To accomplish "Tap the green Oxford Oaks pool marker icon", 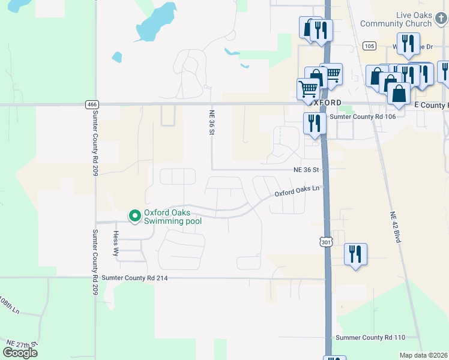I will [134, 215].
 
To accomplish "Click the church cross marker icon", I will [441, 19].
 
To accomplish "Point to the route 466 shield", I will [92, 104].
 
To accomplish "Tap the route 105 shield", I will [369, 46].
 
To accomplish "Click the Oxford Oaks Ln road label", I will [299, 190].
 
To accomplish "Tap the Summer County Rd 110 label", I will [371, 338].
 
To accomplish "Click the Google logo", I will [20, 353].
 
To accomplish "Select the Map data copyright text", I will [424, 355].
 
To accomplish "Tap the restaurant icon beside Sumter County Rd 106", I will [315, 123].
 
